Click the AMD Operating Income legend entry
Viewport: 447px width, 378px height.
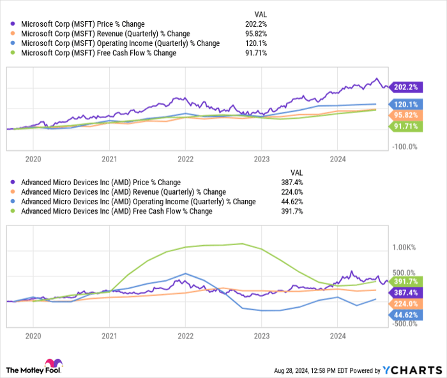click(x=138, y=201)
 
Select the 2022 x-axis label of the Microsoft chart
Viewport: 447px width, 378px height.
click(x=185, y=158)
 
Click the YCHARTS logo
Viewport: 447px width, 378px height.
click(x=412, y=370)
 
